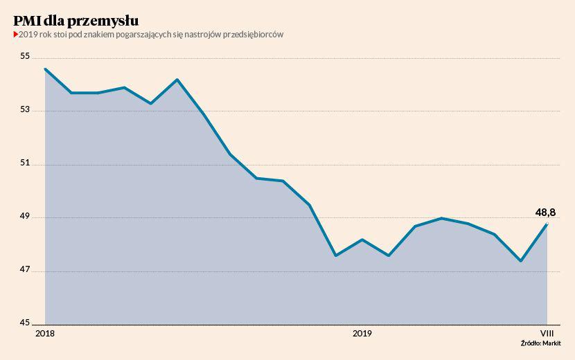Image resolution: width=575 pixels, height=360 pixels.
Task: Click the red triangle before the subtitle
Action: (16, 34)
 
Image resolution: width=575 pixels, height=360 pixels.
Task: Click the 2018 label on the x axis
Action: (45, 334)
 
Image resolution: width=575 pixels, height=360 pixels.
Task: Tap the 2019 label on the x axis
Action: (362, 334)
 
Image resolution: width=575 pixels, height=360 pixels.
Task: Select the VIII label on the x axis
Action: (547, 334)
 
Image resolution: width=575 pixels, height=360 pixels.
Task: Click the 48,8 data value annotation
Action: (546, 213)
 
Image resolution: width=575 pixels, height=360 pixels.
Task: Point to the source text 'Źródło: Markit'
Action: (541, 343)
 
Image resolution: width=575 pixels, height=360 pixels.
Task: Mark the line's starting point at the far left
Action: (45, 69)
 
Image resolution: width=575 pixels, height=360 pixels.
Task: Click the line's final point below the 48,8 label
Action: (547, 224)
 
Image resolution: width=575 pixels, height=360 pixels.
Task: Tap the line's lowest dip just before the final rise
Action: (520, 261)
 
